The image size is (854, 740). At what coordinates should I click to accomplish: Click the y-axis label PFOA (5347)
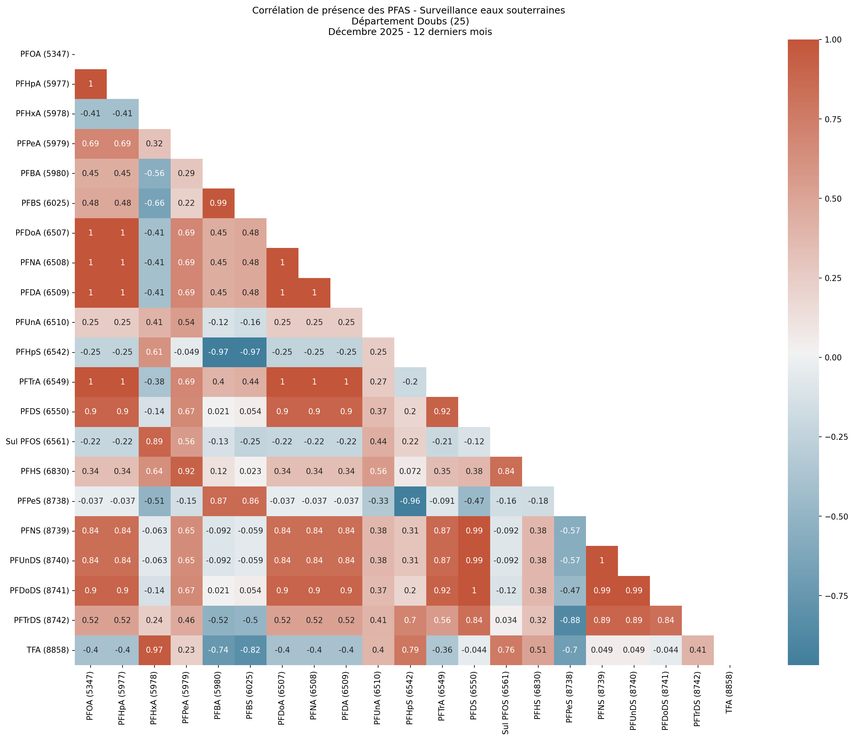click(x=45, y=54)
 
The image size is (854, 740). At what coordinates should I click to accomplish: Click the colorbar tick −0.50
click(x=833, y=516)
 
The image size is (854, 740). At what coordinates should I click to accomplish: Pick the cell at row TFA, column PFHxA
click(x=154, y=650)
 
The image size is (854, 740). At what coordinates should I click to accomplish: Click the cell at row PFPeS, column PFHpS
click(x=410, y=501)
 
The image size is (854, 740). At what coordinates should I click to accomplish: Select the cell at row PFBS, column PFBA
click(x=218, y=203)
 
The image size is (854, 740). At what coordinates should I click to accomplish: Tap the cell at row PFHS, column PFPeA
click(x=186, y=471)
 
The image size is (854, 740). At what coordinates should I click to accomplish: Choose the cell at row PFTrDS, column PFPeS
click(x=569, y=620)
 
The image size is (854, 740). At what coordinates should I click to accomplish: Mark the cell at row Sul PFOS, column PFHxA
click(x=154, y=441)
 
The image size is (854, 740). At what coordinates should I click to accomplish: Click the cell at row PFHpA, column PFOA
click(x=90, y=84)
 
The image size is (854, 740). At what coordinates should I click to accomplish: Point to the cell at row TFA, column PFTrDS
click(x=697, y=650)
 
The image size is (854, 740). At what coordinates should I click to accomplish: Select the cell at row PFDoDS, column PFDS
click(x=474, y=591)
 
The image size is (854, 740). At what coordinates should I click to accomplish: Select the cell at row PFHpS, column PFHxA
click(x=154, y=352)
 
